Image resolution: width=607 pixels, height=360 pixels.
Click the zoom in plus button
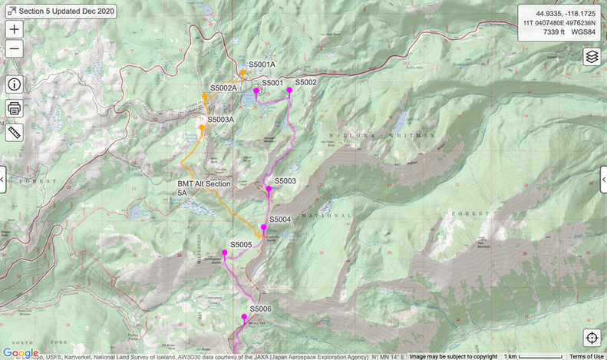[15, 29]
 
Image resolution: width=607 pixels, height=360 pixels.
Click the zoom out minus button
[15, 49]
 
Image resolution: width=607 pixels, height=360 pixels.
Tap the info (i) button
[15, 84]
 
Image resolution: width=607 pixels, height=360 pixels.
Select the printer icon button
[15, 108]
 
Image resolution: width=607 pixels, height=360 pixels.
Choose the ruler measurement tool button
[15, 132]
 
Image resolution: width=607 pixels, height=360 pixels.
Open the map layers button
[592, 57]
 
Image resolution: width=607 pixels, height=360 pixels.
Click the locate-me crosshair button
[592, 338]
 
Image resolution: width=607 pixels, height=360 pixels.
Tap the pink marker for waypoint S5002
[289, 91]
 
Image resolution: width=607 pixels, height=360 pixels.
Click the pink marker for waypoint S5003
[269, 189]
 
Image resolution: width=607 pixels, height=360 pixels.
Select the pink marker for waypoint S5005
[225, 253]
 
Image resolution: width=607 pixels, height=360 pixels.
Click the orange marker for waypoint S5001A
[242, 73]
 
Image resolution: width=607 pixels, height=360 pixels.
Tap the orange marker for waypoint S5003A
[202, 128]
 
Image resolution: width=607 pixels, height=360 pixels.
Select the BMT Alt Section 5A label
[204, 189]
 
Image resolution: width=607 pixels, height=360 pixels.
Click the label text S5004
[280, 220]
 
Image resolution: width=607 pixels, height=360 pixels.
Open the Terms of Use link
[586, 356]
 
